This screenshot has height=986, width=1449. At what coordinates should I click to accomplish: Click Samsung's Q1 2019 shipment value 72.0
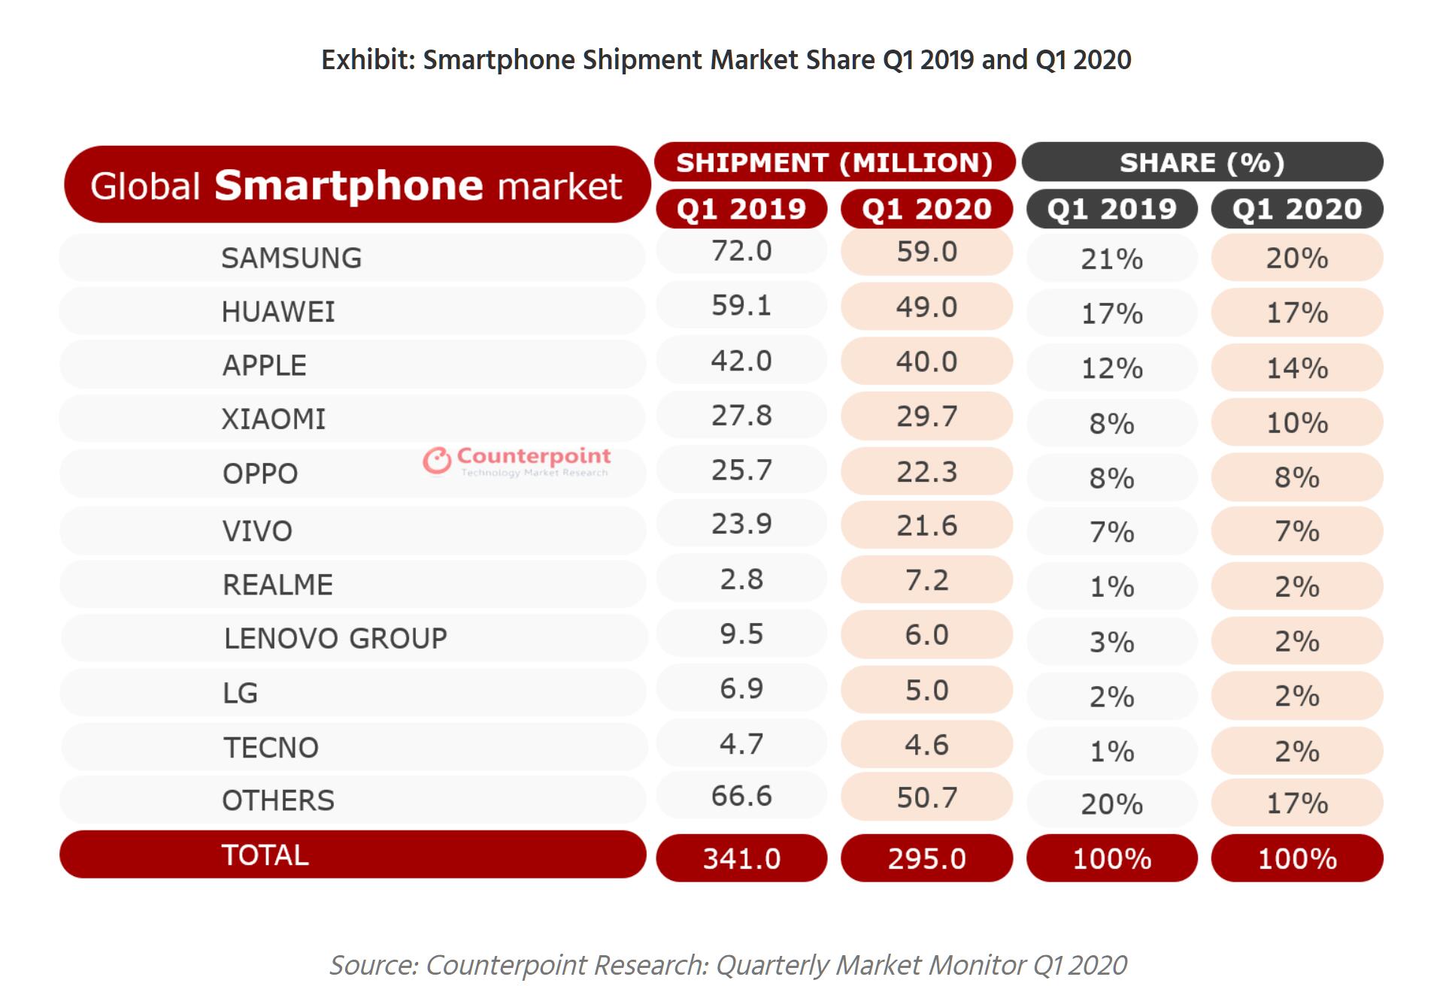click(741, 251)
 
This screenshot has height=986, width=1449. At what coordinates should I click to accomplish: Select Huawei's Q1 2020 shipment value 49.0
click(926, 307)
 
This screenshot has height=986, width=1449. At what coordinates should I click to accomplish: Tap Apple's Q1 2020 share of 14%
click(1297, 367)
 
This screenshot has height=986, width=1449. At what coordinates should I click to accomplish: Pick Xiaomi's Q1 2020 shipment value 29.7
click(926, 416)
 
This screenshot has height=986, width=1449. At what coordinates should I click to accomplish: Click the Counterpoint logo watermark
click(517, 461)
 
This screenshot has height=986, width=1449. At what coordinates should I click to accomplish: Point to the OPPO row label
click(260, 473)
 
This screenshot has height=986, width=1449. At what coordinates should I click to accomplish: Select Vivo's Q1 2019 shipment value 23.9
click(741, 524)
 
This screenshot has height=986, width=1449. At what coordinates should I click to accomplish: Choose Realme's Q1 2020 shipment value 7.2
click(926, 580)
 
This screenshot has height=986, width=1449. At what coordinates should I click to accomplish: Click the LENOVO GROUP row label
click(335, 638)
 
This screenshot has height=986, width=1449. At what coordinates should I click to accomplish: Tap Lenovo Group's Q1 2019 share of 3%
click(1111, 642)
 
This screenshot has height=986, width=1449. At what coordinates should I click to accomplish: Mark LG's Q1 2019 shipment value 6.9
click(741, 688)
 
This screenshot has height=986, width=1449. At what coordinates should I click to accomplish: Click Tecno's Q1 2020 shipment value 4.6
click(926, 745)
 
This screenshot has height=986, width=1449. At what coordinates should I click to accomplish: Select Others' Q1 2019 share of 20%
click(1111, 804)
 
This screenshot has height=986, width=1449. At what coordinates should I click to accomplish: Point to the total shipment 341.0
click(741, 858)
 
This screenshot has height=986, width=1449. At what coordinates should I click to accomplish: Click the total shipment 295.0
click(926, 858)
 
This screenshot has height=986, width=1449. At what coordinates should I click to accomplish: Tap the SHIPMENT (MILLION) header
click(835, 162)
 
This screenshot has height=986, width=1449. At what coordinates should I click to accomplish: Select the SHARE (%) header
click(1202, 162)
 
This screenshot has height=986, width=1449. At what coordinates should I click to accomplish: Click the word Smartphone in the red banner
click(348, 186)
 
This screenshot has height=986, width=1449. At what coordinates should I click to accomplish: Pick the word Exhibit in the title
click(368, 59)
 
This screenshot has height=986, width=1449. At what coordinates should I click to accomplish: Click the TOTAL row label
click(265, 855)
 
